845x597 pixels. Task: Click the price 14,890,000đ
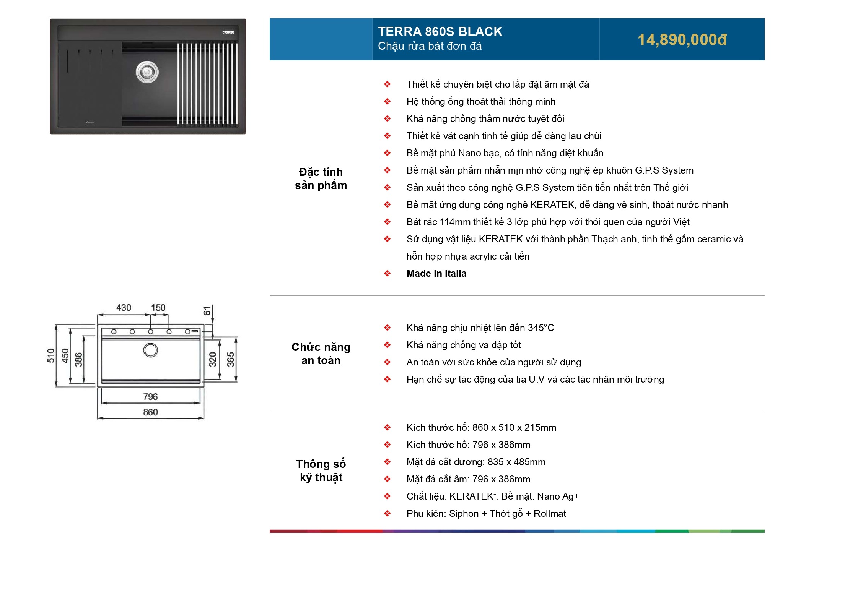pyautogui.click(x=682, y=40)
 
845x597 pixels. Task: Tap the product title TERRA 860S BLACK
pyautogui.click(x=440, y=31)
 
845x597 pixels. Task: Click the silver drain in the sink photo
pyautogui.click(x=147, y=71)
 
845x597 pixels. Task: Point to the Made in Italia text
pyautogui.click(x=436, y=273)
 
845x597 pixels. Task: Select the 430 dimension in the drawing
pyautogui.click(x=124, y=308)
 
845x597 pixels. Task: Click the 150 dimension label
pyautogui.click(x=158, y=308)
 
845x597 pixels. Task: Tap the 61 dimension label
pyautogui.click(x=207, y=311)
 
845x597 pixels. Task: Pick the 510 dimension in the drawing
pyautogui.click(x=51, y=355)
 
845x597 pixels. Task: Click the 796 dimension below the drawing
pyautogui.click(x=150, y=397)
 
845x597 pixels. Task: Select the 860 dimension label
pyautogui.click(x=150, y=412)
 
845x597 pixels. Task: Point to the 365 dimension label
pyautogui.click(x=230, y=359)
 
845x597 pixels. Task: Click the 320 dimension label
pyautogui.click(x=213, y=359)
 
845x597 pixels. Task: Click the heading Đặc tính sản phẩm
pyautogui.click(x=321, y=178)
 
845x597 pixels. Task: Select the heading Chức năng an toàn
pyautogui.click(x=321, y=354)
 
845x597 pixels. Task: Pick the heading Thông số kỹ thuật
pyautogui.click(x=321, y=470)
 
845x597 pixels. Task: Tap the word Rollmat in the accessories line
pyautogui.click(x=550, y=513)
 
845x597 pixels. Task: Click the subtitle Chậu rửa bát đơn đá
pyautogui.click(x=430, y=46)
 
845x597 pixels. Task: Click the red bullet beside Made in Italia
pyautogui.click(x=387, y=273)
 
